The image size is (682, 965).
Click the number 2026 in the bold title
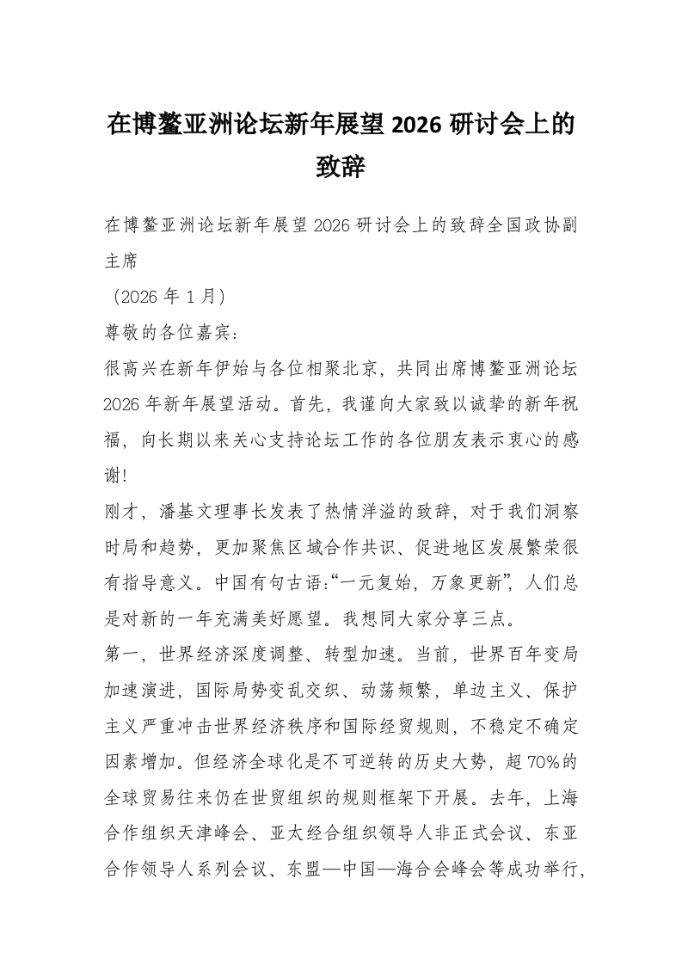[417, 124]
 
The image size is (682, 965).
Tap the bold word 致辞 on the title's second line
[341, 166]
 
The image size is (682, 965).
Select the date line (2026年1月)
[169, 297]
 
